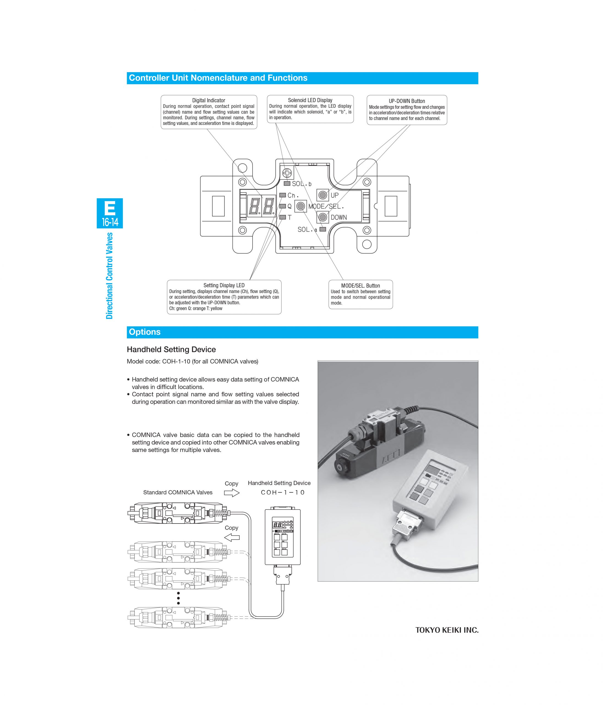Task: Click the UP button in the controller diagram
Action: [322, 195]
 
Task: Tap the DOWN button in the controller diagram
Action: [322, 217]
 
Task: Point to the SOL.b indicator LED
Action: [287, 184]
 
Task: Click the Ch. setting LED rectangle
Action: [282, 195]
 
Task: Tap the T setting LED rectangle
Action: [282, 217]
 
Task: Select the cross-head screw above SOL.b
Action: [287, 173]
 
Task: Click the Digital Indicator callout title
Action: [209, 100]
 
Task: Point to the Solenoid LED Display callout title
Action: [310, 100]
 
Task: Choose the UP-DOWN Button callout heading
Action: [406, 101]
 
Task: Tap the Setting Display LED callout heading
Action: [224, 286]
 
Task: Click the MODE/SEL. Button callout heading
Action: [360, 286]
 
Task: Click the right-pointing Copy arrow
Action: [232, 493]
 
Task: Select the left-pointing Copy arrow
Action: [232, 538]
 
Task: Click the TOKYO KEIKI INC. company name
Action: [447, 630]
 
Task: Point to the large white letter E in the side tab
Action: [110, 208]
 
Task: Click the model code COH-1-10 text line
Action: [192, 361]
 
